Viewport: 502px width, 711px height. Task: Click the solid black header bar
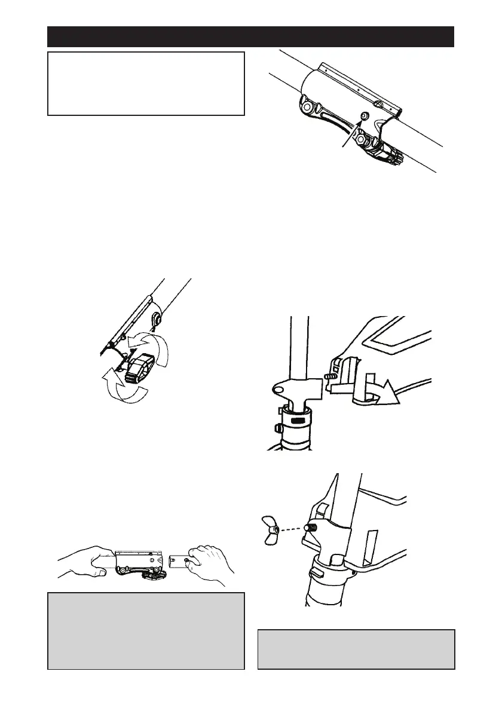coord(250,36)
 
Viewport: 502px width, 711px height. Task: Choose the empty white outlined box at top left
coord(146,84)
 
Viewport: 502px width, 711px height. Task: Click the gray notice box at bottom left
coord(146,631)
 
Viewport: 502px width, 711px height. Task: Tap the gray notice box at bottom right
coord(356,649)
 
